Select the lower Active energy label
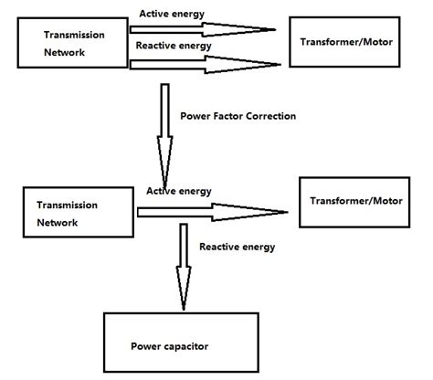point(179,191)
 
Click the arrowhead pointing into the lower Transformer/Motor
point(265,213)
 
